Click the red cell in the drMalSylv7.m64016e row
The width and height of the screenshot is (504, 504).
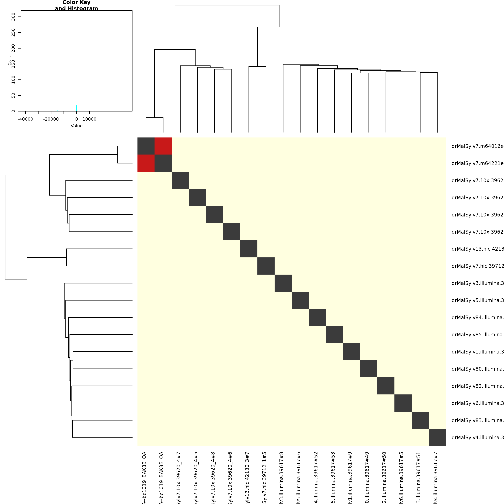(163, 146)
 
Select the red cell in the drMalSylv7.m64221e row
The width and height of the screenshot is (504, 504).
(146, 163)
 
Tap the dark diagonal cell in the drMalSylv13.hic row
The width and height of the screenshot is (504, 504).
(249, 249)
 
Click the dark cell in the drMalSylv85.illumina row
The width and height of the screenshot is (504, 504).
(334, 334)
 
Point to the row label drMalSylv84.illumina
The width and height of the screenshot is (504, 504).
(477, 317)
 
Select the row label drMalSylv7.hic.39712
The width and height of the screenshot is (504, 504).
(477, 266)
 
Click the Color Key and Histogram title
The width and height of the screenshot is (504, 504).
(76, 5)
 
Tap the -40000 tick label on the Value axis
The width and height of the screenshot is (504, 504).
(25, 119)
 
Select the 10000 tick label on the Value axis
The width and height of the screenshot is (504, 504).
(89, 119)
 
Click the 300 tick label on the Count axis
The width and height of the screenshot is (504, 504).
(13, 17)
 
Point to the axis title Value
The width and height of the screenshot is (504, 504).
(76, 126)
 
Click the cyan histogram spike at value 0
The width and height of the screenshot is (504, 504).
(77, 108)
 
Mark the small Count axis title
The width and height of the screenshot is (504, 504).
(10, 61)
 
